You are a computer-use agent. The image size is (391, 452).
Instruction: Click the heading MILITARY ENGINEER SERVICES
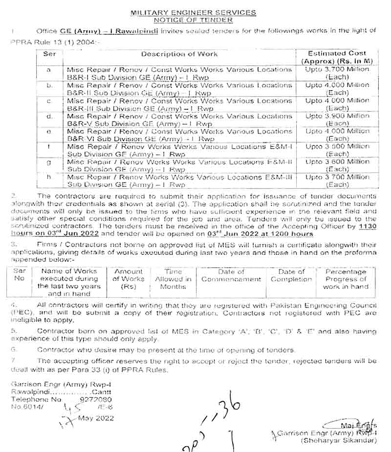point(194,12)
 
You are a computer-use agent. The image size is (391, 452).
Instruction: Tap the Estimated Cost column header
point(337,57)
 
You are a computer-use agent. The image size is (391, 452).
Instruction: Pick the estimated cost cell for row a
point(337,73)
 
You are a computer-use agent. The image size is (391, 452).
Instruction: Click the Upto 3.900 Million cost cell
point(337,120)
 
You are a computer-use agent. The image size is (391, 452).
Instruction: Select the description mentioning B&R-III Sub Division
point(179,104)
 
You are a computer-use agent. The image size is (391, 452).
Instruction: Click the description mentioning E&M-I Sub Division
point(179,150)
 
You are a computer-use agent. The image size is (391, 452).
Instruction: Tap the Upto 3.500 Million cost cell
point(337,150)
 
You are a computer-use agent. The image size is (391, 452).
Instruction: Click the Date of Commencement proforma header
point(231,275)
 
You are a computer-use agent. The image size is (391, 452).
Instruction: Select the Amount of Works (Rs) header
point(129,279)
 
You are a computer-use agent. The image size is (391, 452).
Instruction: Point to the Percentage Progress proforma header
point(346,279)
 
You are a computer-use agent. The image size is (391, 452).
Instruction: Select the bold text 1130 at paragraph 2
point(368,227)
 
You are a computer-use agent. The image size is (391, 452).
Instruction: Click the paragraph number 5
point(14,331)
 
